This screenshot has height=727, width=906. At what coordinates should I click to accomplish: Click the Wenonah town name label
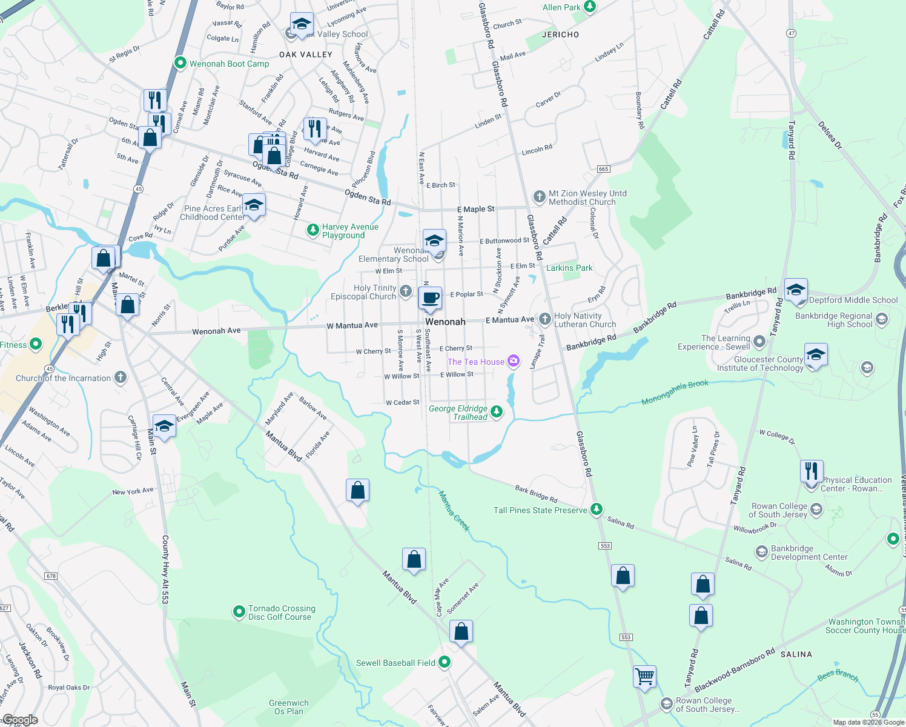click(445, 322)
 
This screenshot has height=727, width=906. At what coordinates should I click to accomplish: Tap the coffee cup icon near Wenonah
click(430, 298)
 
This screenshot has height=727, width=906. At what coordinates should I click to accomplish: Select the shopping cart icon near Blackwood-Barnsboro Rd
click(645, 676)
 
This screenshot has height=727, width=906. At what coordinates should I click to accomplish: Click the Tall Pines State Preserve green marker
click(597, 509)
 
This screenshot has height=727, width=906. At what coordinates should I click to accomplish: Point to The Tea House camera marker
click(514, 362)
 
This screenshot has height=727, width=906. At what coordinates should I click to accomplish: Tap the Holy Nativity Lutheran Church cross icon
click(544, 319)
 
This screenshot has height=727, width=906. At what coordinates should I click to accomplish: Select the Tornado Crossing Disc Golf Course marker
click(239, 612)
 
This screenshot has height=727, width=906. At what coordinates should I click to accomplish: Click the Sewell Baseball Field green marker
click(445, 662)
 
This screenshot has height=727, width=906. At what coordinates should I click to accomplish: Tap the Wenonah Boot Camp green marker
click(180, 63)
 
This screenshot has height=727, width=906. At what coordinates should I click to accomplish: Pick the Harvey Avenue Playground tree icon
click(312, 230)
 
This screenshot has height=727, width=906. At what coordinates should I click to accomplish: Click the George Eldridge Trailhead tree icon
click(497, 412)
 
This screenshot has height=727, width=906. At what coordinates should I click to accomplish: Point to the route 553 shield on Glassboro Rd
click(605, 546)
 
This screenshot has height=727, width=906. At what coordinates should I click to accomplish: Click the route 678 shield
click(51, 576)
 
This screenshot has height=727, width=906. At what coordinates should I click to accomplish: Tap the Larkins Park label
click(569, 268)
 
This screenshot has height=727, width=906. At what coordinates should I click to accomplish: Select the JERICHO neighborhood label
click(560, 35)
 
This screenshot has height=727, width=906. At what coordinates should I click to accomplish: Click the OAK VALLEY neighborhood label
click(306, 55)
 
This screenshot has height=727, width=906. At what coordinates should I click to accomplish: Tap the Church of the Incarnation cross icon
click(121, 377)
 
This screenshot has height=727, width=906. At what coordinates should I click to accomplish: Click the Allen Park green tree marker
click(590, 7)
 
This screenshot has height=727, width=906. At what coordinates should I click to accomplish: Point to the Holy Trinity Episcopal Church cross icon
click(406, 291)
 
